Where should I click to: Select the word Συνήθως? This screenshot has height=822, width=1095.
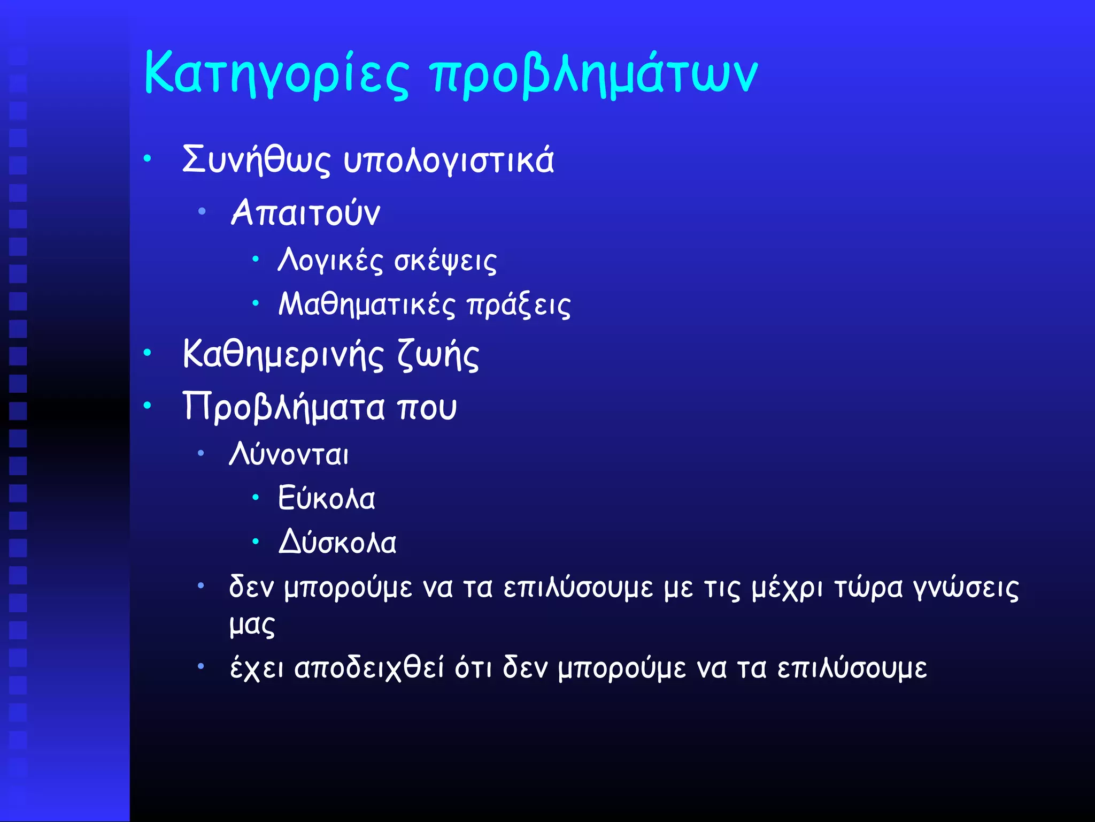[x=256, y=159]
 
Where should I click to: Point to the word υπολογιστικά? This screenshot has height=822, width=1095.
[x=449, y=161]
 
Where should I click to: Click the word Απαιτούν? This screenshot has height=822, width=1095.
[x=305, y=213]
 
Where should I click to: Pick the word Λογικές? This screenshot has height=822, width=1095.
[x=330, y=261]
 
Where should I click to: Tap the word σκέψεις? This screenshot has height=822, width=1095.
[x=445, y=261]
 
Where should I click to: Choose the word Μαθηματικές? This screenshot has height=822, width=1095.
[x=367, y=305]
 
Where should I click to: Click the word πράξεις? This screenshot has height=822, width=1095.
[x=518, y=306]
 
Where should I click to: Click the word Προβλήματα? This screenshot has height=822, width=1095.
[x=283, y=407]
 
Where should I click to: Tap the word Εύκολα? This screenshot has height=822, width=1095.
[x=326, y=499]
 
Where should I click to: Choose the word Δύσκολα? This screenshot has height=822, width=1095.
[x=337, y=543]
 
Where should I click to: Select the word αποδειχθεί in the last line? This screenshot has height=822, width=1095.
[x=369, y=668]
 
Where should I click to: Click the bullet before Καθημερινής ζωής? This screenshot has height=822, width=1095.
[x=148, y=353]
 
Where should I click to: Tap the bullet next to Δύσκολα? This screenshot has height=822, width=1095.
[x=256, y=542]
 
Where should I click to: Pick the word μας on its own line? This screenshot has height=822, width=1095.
[x=252, y=625]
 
